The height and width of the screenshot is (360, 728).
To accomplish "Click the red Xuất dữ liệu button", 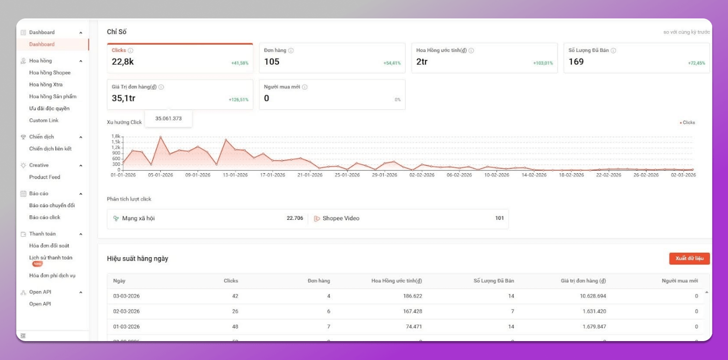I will tap(689, 259).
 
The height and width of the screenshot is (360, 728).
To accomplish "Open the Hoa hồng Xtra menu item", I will tap(46, 84).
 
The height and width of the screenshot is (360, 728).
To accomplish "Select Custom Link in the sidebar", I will tap(44, 120).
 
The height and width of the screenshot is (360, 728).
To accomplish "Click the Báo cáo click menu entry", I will tap(45, 217).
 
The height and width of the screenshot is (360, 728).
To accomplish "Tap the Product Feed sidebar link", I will tap(45, 177).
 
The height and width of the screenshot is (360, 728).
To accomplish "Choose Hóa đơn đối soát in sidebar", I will tap(49, 245).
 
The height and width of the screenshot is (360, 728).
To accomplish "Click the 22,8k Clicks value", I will tap(123, 62).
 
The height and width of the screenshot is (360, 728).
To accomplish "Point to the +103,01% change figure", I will tap(543, 64).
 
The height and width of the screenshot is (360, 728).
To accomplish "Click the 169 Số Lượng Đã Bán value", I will tap(576, 62).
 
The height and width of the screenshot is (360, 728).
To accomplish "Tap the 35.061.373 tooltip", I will tap(168, 118).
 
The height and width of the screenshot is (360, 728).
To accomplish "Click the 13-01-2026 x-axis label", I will tap(235, 175).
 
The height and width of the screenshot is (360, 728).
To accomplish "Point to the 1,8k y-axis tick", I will tap(116, 136).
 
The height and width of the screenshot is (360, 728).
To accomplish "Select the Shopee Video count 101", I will tap(499, 218).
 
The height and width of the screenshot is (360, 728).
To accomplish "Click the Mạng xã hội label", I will tap(138, 218).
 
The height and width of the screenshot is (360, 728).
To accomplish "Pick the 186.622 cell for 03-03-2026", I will tap(413, 296).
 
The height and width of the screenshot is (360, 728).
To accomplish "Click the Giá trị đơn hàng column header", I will tap(583, 281).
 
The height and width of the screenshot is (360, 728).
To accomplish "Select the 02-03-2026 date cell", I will tap(126, 311).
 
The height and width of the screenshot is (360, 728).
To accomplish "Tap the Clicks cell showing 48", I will tap(235, 327).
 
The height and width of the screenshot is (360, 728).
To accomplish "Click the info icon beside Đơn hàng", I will tap(291, 50).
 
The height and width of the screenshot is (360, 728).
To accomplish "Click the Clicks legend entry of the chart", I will tap(688, 123).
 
